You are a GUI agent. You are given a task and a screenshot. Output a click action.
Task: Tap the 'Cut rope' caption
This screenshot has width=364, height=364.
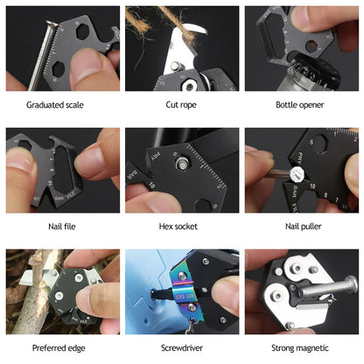[182, 105]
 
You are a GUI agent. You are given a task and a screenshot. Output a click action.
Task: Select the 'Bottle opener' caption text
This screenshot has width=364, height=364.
[301, 105]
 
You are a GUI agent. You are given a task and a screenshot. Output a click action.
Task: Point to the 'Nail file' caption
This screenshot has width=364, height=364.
[62, 227]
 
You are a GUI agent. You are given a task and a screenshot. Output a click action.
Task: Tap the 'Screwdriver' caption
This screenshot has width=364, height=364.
[182, 348]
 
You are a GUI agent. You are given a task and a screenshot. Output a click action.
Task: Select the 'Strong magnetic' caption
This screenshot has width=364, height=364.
[301, 348]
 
